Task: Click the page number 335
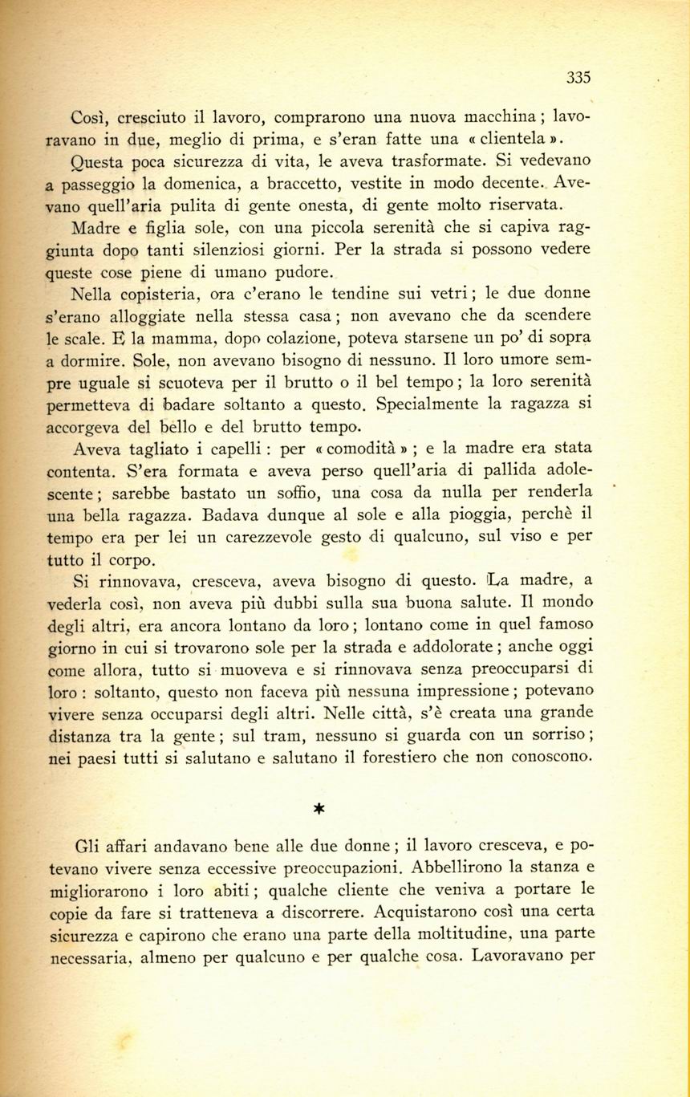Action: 578,78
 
